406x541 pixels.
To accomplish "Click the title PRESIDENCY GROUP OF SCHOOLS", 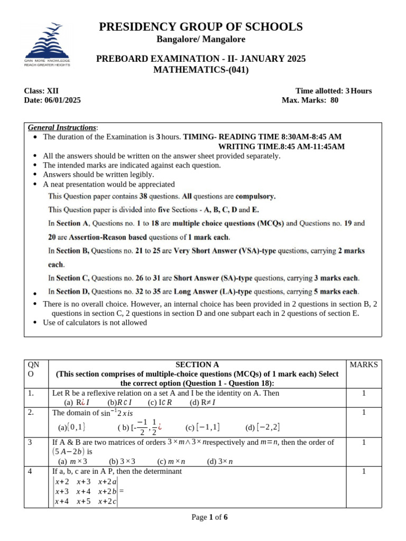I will [201, 27].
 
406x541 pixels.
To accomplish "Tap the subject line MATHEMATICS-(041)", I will [201, 70].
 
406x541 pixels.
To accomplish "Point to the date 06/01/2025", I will [63, 100].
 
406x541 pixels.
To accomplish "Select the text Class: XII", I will [42, 91].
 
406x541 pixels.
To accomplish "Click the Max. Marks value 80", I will [334, 100].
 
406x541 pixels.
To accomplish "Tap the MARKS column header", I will [364, 365].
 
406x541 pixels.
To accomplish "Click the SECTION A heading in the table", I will [197, 365].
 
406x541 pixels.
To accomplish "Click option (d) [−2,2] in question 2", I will [263, 427].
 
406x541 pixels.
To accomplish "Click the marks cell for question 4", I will [364, 471].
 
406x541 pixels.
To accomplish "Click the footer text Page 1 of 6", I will [209, 517].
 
